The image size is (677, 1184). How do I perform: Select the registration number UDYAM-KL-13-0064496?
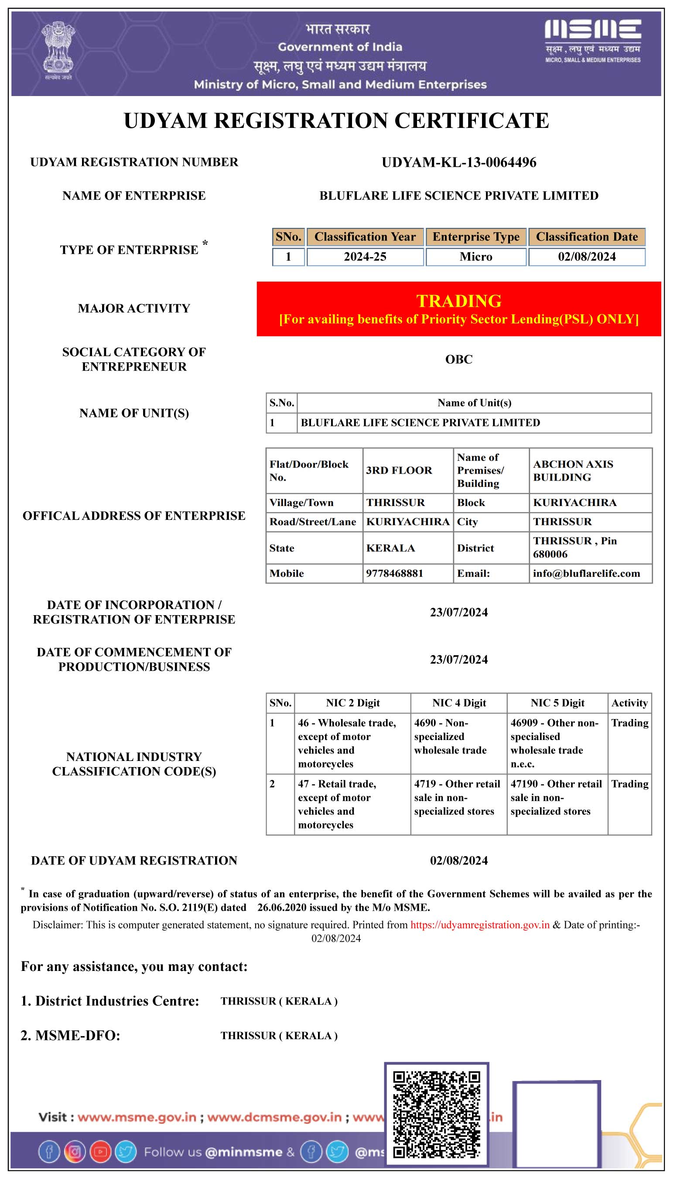point(458,162)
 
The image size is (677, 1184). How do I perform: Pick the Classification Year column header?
point(365,237)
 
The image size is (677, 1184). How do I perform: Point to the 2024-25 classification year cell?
point(365,257)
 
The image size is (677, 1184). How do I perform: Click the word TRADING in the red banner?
point(458,301)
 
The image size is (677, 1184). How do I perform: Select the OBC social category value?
point(458,359)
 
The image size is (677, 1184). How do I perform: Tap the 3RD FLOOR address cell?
point(399,470)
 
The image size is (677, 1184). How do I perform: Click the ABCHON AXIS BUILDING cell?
point(573,470)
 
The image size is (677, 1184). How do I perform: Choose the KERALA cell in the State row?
point(390,548)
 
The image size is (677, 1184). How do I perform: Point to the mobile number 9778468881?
point(394,573)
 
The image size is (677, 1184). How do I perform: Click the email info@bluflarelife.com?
point(586,573)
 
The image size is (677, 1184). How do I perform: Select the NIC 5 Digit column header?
point(557,703)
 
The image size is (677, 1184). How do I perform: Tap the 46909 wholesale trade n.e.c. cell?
point(554,743)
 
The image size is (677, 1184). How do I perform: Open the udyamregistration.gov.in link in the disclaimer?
point(480,925)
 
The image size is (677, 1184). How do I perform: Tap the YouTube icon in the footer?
point(100,1152)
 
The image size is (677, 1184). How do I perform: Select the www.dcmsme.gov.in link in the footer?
point(274,1118)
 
